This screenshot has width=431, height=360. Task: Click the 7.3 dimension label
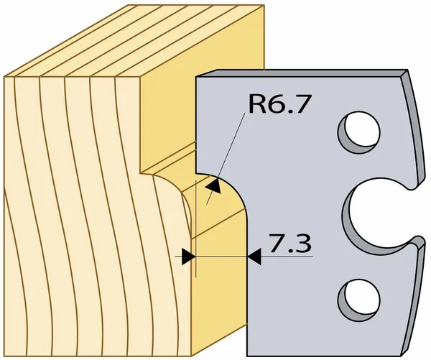290,243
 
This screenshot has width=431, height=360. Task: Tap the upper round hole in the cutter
359,132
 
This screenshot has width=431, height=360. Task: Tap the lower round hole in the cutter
359,300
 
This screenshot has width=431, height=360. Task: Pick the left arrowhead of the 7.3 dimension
188,257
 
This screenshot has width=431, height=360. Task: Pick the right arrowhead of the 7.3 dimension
254,257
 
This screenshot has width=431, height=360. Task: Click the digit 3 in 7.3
303,243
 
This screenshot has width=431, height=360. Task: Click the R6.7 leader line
226,159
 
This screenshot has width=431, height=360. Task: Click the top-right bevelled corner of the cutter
404,74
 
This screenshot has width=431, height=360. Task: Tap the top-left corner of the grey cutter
196,76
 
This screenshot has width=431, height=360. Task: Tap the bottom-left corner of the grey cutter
247,356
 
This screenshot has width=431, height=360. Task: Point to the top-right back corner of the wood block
264,5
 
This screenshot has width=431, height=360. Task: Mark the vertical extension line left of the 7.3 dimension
195,229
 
